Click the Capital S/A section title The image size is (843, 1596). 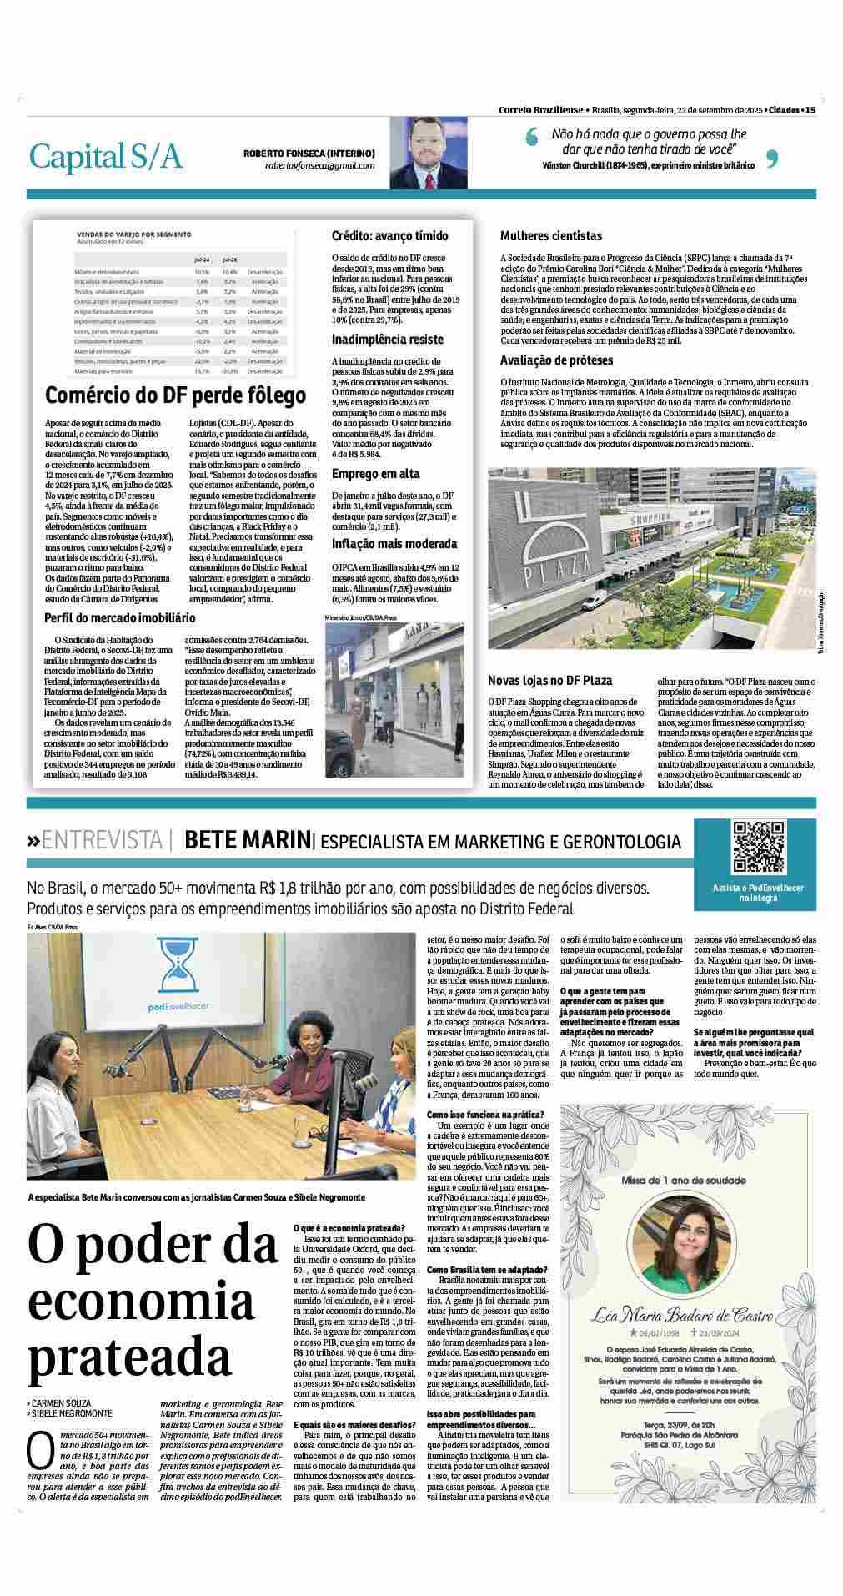pyautogui.click(x=105, y=156)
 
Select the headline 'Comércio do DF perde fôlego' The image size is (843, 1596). pyautogui.click(x=175, y=395)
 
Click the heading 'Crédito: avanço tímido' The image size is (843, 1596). pyautogui.click(x=389, y=236)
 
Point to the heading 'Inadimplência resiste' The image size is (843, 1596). pyautogui.click(x=388, y=340)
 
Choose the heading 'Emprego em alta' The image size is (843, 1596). pyautogui.click(x=376, y=474)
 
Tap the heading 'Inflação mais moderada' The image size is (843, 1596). pyautogui.click(x=394, y=544)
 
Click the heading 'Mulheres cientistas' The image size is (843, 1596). pyautogui.click(x=551, y=236)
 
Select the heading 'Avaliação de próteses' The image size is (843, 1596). pyautogui.click(x=557, y=360)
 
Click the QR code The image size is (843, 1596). pyautogui.click(x=758, y=848)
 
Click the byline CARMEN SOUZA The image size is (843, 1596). pyautogui.click(x=63, y=1403)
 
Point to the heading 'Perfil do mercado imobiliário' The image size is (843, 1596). pyautogui.click(x=120, y=618)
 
